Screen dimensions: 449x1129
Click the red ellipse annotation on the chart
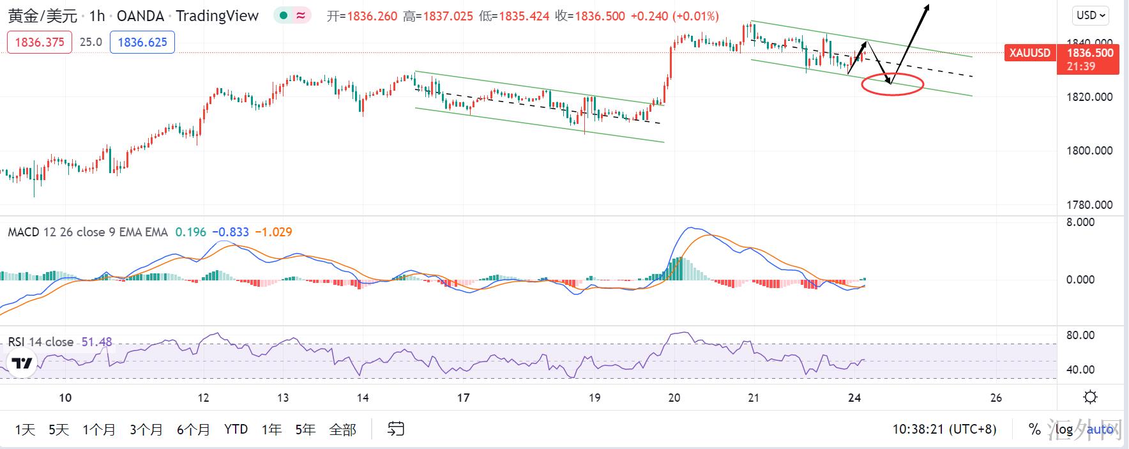tap(892, 84)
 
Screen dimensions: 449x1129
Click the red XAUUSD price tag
tap(1029, 53)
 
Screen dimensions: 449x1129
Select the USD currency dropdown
tap(1091, 15)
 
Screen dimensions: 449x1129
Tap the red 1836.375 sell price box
tap(39, 42)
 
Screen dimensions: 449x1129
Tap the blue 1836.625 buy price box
tap(142, 42)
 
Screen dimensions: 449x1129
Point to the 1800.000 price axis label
tap(1089, 151)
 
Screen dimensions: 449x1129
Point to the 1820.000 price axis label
tap(1089, 97)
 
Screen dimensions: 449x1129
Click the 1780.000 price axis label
tap(1089, 205)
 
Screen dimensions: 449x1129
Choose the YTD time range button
tap(236, 429)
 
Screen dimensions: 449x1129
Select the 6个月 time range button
tap(193, 429)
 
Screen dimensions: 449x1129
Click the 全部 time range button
tap(342, 429)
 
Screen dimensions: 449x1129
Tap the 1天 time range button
tap(25, 429)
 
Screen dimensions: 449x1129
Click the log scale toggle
tap(1064, 429)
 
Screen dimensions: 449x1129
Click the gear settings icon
tap(1091, 397)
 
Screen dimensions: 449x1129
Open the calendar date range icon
tap(396, 429)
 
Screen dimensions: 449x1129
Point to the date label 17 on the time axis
tap(464, 398)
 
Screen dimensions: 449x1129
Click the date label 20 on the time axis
tap(674, 398)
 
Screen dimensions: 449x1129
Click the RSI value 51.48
tap(97, 342)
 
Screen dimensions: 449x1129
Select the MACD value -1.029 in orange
tap(273, 232)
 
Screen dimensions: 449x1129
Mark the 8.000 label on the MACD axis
tap(1080, 222)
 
